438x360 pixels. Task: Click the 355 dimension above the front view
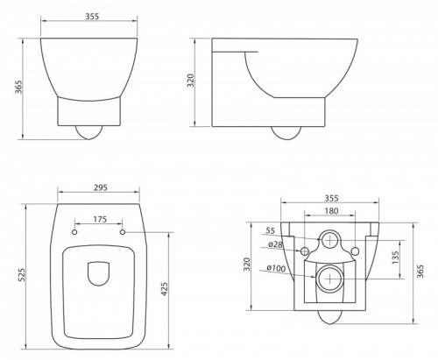click(92, 17)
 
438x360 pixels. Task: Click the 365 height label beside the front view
click(18, 87)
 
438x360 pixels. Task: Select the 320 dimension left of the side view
click(191, 81)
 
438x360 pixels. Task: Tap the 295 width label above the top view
click(101, 187)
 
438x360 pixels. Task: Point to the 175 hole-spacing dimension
click(100, 219)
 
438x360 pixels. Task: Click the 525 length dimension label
click(22, 275)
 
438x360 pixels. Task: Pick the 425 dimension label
click(165, 289)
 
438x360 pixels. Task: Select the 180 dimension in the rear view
click(331, 210)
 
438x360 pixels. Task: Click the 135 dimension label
click(395, 258)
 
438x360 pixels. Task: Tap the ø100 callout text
click(276, 268)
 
